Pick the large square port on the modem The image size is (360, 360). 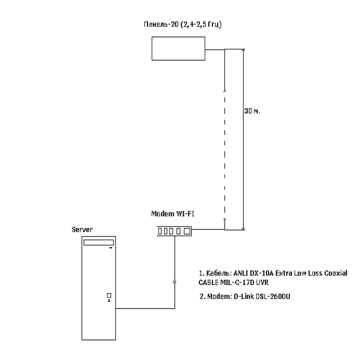pos(187,231)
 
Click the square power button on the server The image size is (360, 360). pos(109,295)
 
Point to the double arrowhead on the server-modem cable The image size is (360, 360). pos(175,282)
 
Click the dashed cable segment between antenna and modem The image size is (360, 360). pos(225,154)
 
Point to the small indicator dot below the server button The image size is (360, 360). pos(109,301)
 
